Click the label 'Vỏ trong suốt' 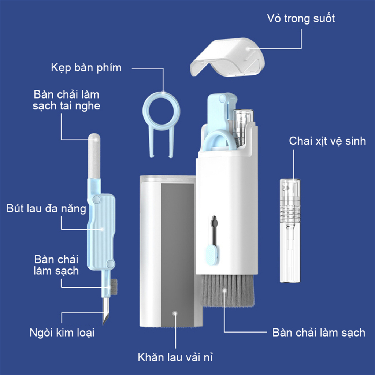coord(300,18)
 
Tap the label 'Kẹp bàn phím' coord(86,68)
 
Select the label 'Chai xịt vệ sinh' coord(327,141)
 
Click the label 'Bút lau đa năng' coord(47,209)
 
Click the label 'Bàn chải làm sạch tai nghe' coord(66,100)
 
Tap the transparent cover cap coord(227,57)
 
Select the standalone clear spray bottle coord(290,231)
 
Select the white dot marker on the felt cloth coord(175,313)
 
